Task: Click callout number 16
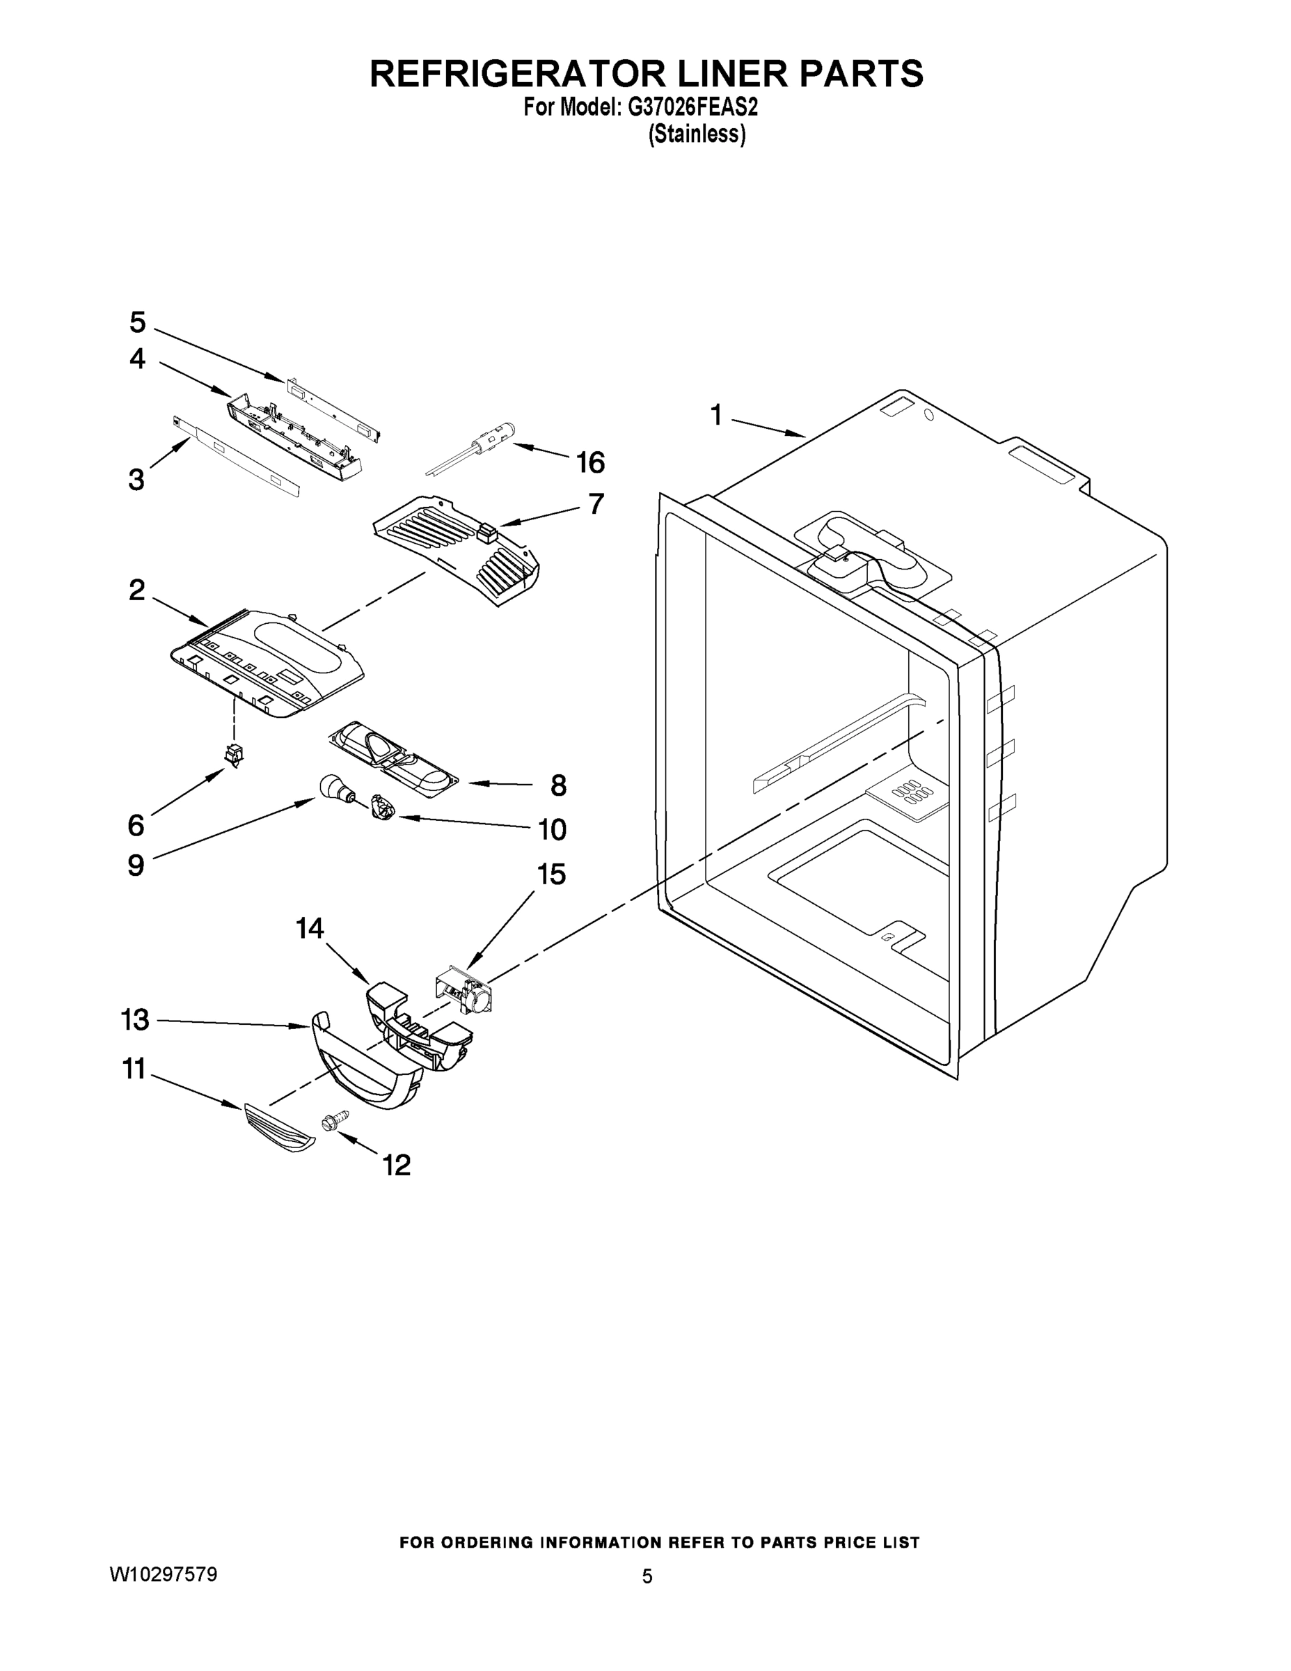click(x=590, y=462)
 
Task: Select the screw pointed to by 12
click(x=334, y=1121)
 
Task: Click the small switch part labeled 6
click(x=234, y=755)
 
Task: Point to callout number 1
click(x=716, y=416)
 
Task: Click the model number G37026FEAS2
click(x=693, y=108)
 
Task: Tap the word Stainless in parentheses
click(x=697, y=134)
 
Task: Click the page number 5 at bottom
click(x=647, y=1577)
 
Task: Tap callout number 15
click(x=551, y=874)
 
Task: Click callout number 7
click(x=596, y=504)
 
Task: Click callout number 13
click(x=136, y=1020)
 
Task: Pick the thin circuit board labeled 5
click(x=333, y=407)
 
